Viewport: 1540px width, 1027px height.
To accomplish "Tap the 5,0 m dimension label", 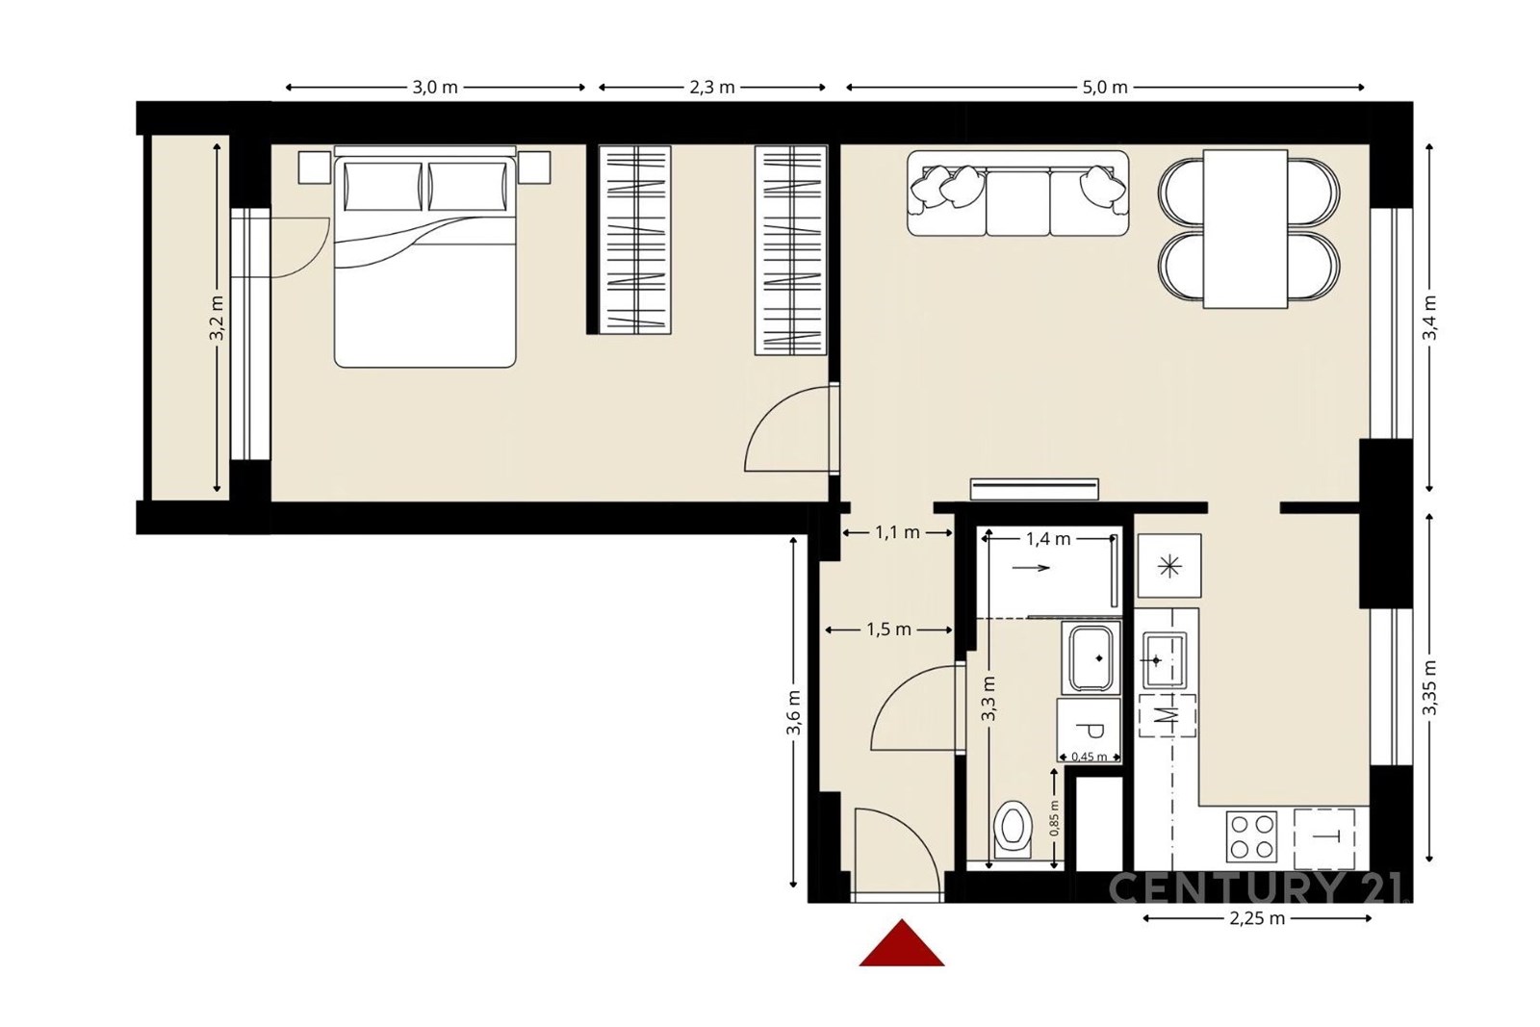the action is coord(1105,88).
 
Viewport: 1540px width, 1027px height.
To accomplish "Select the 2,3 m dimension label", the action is coord(712,88).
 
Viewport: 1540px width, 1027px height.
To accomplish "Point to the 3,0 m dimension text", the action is coord(435,88).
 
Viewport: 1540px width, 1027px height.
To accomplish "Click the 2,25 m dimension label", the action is coord(1257,918).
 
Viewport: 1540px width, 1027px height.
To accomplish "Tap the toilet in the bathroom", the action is coord(1013,829).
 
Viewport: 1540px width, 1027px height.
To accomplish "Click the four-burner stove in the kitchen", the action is coord(1251,836).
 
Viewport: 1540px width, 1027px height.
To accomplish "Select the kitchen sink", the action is coord(1165,660).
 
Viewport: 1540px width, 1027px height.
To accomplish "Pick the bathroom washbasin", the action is coord(1091,657).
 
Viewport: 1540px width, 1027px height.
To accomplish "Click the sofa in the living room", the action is coord(1018,193).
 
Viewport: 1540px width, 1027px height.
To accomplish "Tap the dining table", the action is coord(1245,229).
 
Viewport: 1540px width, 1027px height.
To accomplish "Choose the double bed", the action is coord(424,256).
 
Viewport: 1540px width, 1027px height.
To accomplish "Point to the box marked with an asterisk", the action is coord(1169,566).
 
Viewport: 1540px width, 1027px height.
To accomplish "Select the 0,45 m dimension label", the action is coord(1089,757).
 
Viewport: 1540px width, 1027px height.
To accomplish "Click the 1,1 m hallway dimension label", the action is coord(897,532).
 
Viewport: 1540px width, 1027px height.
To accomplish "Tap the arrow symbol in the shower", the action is coord(1031,568).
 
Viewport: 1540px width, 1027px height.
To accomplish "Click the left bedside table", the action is coord(315,167).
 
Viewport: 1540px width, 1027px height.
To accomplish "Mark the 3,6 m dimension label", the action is coord(794,713).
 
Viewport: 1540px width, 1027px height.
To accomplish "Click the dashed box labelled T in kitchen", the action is coord(1324,838).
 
